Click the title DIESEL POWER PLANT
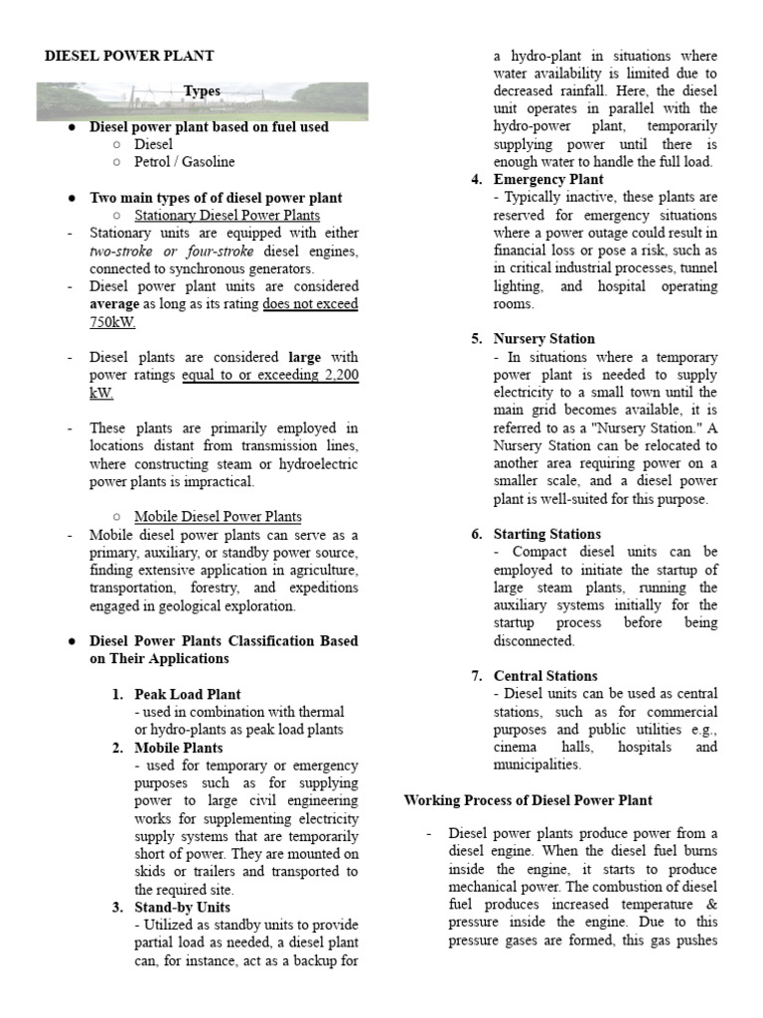(129, 57)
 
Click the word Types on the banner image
(202, 91)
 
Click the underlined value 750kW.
(112, 322)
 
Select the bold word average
(113, 304)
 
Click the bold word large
(304, 357)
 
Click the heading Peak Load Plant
(188, 694)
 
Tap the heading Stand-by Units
(183, 907)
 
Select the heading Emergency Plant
(548, 180)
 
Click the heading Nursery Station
(544, 339)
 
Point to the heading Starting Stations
(547, 534)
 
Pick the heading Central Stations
(545, 676)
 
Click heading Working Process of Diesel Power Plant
(528, 800)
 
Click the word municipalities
(536, 764)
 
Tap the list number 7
(476, 676)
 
